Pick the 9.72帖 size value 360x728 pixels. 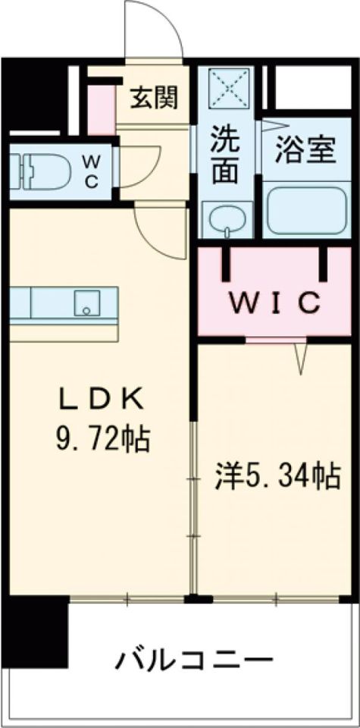102,440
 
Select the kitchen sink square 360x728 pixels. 86,303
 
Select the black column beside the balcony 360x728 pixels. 34,629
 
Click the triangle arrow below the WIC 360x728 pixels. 300,358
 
